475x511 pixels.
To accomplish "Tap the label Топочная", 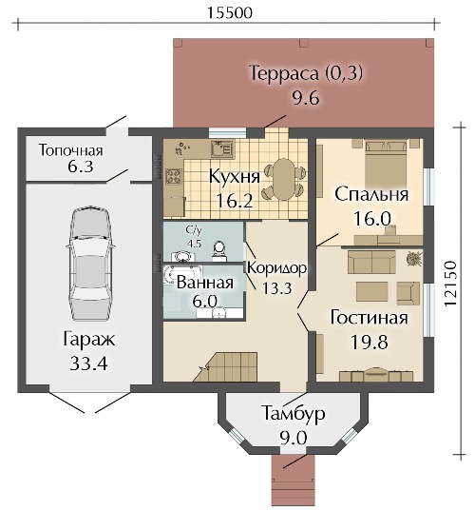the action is (x=71, y=150).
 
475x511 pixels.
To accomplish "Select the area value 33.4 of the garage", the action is (x=88, y=364).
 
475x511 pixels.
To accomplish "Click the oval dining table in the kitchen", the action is (x=283, y=179).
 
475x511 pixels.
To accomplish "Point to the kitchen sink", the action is (x=222, y=149).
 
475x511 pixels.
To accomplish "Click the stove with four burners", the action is (x=173, y=177).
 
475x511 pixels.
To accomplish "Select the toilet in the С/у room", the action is (x=219, y=251).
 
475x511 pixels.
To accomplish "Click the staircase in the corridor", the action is (x=225, y=366).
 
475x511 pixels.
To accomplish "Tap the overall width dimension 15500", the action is (x=230, y=13).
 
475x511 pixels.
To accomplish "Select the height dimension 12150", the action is (x=451, y=283).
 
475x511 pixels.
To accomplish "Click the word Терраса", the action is (x=285, y=73).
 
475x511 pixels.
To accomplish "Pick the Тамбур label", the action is (x=294, y=413).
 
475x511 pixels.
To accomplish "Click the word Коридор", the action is (x=277, y=268).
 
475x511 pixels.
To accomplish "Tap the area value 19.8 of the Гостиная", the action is (x=370, y=342).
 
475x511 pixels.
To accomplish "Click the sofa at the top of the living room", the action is (x=371, y=262).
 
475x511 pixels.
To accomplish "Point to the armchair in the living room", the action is (x=408, y=292).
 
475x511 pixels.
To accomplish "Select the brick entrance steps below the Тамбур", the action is (x=294, y=482).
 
